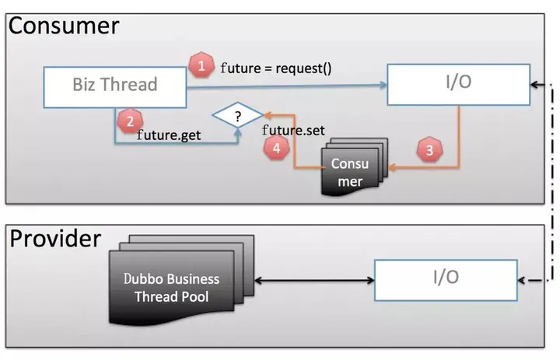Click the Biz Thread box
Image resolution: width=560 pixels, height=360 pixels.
tap(115, 87)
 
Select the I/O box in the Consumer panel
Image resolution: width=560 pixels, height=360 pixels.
tap(459, 85)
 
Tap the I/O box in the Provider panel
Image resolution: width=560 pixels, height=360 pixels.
tap(446, 280)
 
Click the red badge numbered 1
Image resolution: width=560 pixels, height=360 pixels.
tap(201, 65)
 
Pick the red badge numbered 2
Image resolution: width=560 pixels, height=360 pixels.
tap(130, 121)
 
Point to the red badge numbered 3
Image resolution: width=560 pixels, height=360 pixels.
tap(429, 149)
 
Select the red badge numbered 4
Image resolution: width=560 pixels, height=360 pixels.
tap(276, 148)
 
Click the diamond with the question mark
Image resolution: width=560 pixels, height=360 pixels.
tap(238, 115)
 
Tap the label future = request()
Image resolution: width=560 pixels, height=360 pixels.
tap(275, 68)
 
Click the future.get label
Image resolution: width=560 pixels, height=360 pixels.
tap(169, 135)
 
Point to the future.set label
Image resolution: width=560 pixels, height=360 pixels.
tap(293, 131)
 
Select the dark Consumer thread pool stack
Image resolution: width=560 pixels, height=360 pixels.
tap(355, 167)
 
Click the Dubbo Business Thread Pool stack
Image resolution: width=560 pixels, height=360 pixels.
tap(181, 279)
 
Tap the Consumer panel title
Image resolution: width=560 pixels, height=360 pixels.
tap(64, 26)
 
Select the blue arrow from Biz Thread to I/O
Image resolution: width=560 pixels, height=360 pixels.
tap(287, 86)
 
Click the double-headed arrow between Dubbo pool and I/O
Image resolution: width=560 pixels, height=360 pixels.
tap(314, 281)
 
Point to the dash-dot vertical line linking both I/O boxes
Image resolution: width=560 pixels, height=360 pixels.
tap(551, 182)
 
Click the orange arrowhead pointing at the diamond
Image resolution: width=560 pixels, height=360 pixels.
tap(267, 114)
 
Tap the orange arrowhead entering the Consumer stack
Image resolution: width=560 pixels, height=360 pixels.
tap(392, 167)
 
